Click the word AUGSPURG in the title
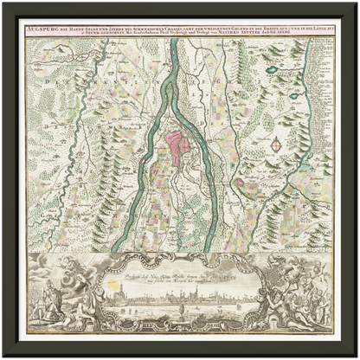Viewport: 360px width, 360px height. click(43, 29)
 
